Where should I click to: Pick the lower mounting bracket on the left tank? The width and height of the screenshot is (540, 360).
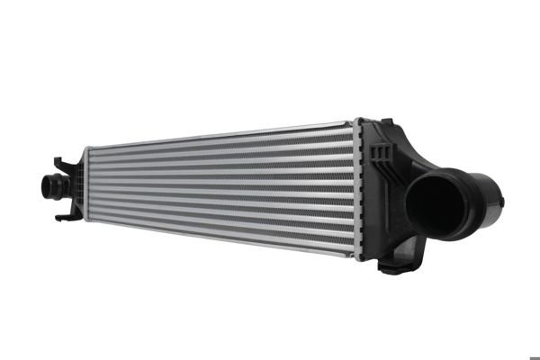(65, 216)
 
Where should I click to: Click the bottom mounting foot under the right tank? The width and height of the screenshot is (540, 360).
(393, 265)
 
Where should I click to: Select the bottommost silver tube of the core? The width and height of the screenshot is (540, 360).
(225, 236)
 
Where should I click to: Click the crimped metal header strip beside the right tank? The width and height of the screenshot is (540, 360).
(358, 189)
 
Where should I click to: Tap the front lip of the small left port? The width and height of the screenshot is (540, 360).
(45, 187)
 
